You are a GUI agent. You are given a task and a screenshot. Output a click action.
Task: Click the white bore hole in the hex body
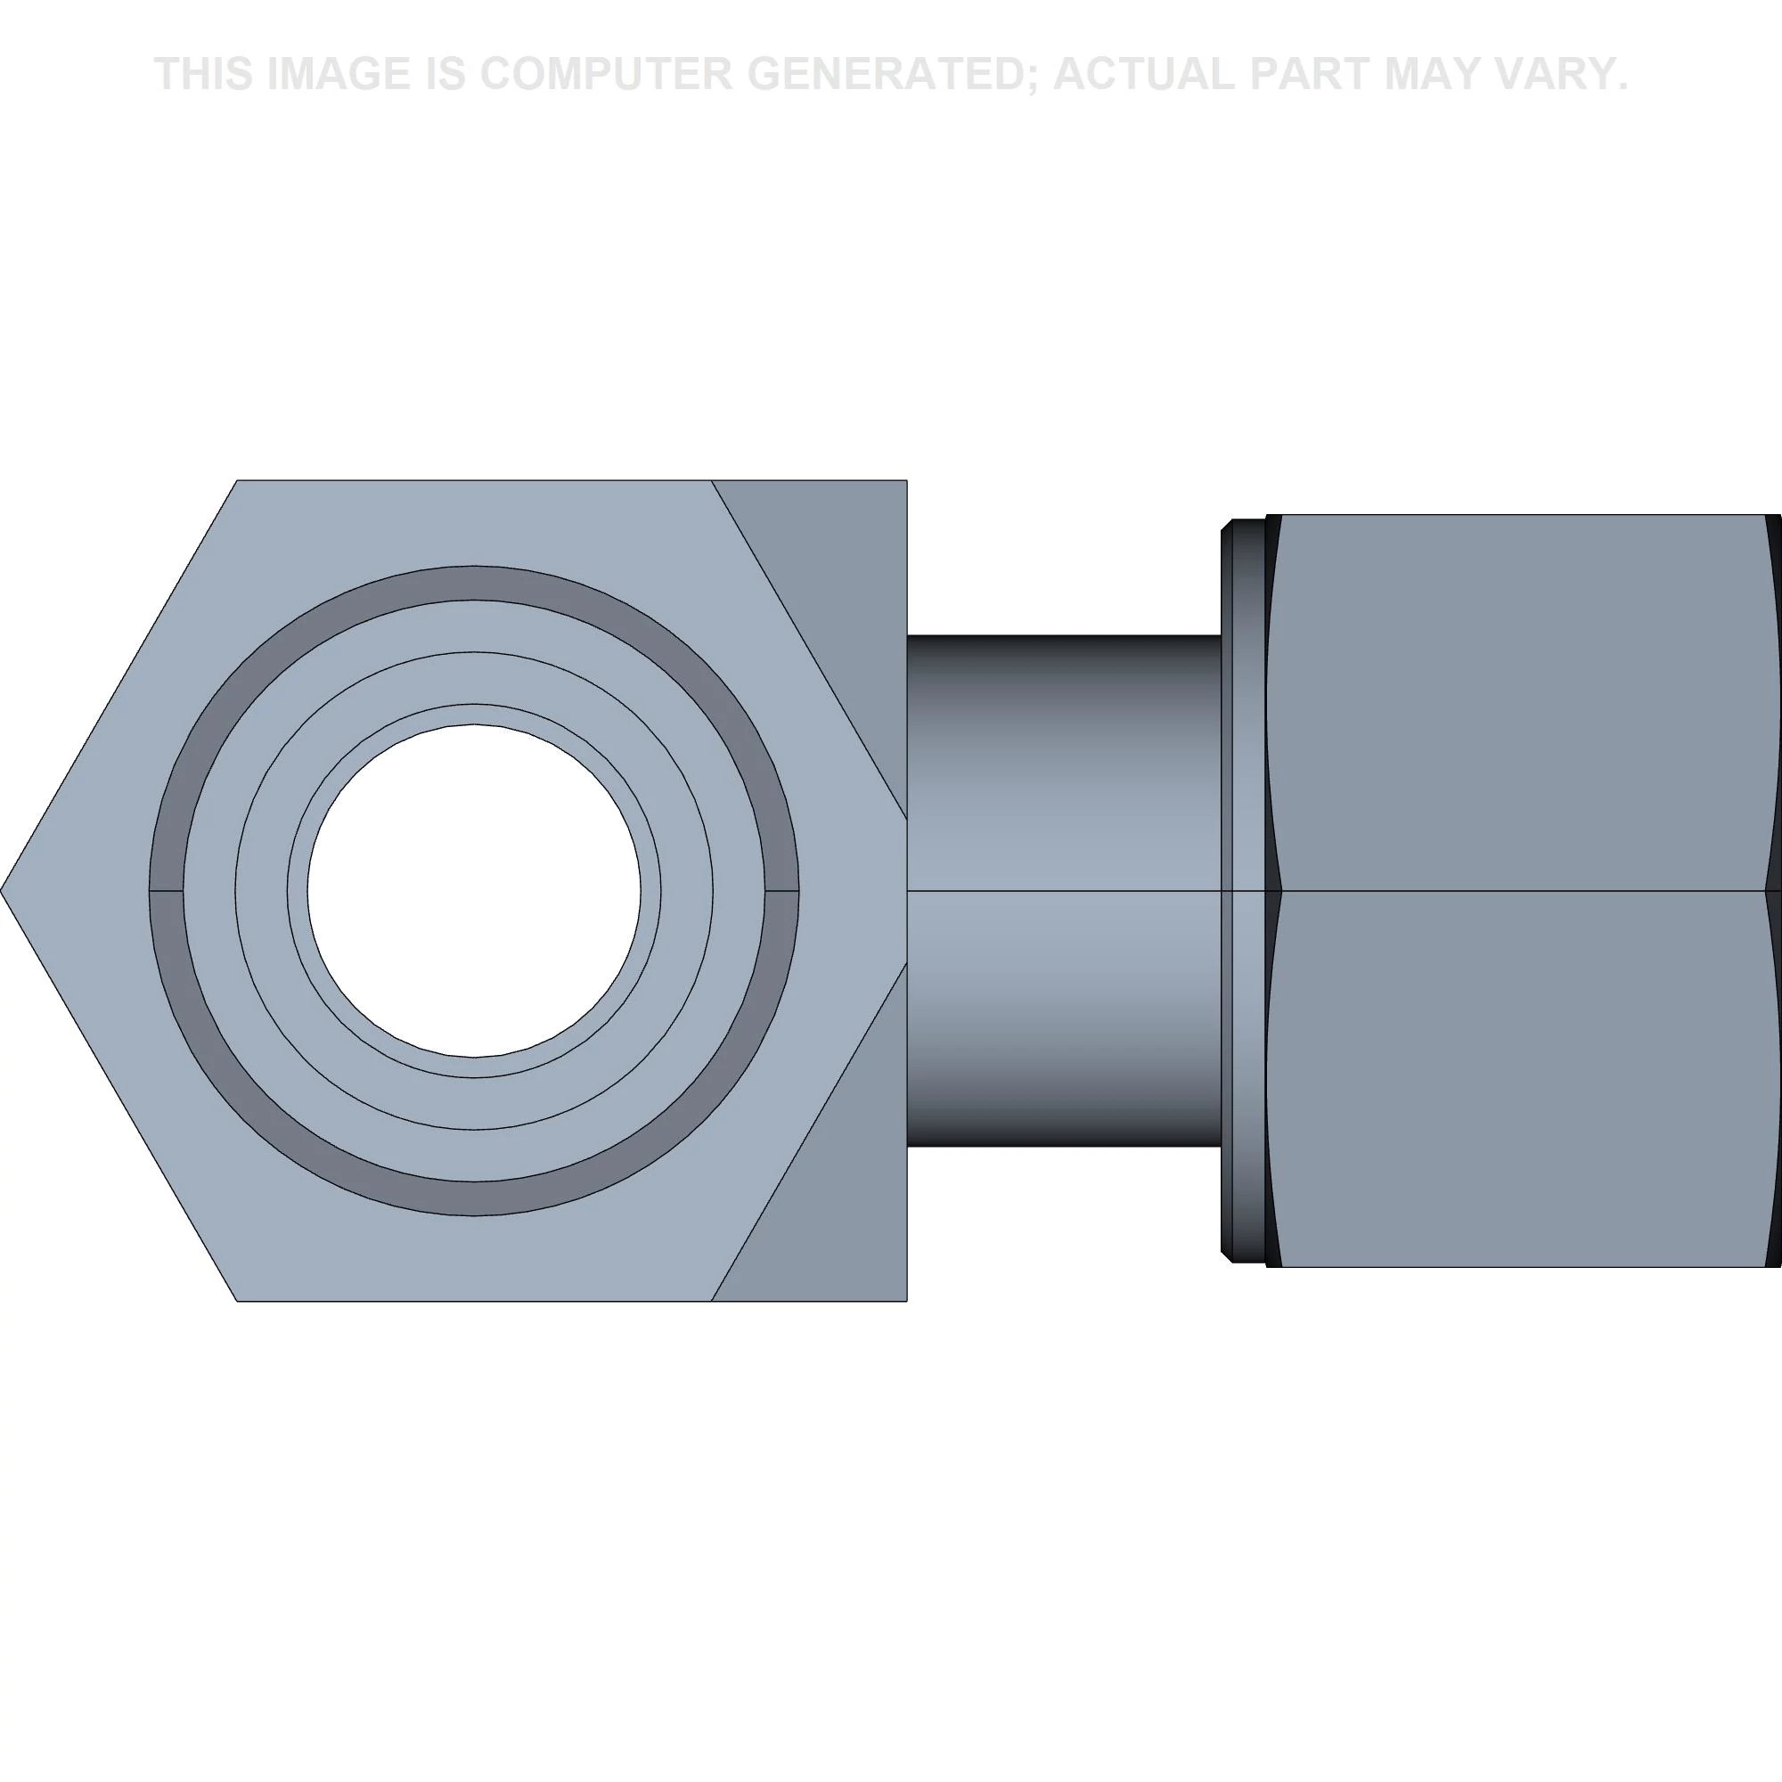474,891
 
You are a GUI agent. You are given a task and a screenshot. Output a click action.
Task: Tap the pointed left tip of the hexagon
2,891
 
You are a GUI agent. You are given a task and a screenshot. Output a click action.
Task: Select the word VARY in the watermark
1553,74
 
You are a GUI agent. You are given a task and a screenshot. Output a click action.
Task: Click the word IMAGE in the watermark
338,74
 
